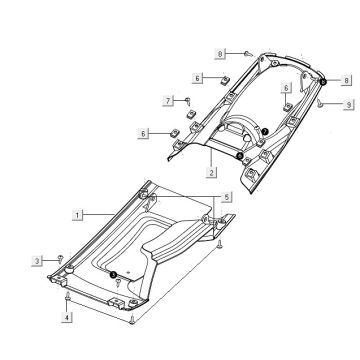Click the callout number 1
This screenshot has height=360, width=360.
click(x=77, y=215)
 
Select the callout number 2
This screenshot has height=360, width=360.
click(x=211, y=172)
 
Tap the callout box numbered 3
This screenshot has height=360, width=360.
click(x=37, y=261)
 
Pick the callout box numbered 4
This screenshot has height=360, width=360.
click(x=67, y=317)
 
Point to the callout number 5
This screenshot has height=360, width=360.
click(x=227, y=197)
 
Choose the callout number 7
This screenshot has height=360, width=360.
click(x=168, y=100)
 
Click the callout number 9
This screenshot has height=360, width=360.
click(x=349, y=105)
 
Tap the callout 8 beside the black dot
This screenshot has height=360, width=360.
click(x=346, y=80)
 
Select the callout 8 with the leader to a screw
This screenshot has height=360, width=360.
click(x=220, y=53)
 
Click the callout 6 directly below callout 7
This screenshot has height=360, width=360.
click(x=143, y=134)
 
